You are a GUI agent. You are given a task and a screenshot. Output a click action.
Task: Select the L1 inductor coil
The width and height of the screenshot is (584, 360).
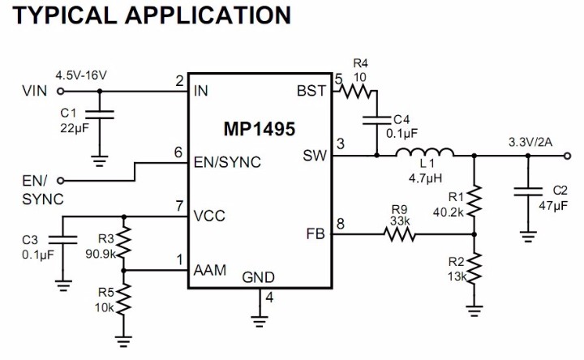click(x=424, y=154)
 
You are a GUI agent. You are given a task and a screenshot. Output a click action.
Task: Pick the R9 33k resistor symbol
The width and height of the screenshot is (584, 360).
click(x=400, y=235)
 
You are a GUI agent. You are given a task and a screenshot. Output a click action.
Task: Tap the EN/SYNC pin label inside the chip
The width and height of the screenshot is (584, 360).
click(x=228, y=162)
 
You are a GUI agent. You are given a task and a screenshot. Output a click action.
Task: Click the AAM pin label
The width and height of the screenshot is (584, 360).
click(x=209, y=270)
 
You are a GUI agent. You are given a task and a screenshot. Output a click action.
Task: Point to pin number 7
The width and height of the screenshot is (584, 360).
click(x=178, y=208)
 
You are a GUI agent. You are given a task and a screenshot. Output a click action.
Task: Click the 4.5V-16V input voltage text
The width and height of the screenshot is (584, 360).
click(x=81, y=75)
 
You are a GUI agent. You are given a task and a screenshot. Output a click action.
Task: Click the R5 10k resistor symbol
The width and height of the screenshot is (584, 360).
click(x=123, y=301)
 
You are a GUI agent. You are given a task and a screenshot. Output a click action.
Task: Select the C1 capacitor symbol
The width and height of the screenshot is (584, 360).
click(x=99, y=118)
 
